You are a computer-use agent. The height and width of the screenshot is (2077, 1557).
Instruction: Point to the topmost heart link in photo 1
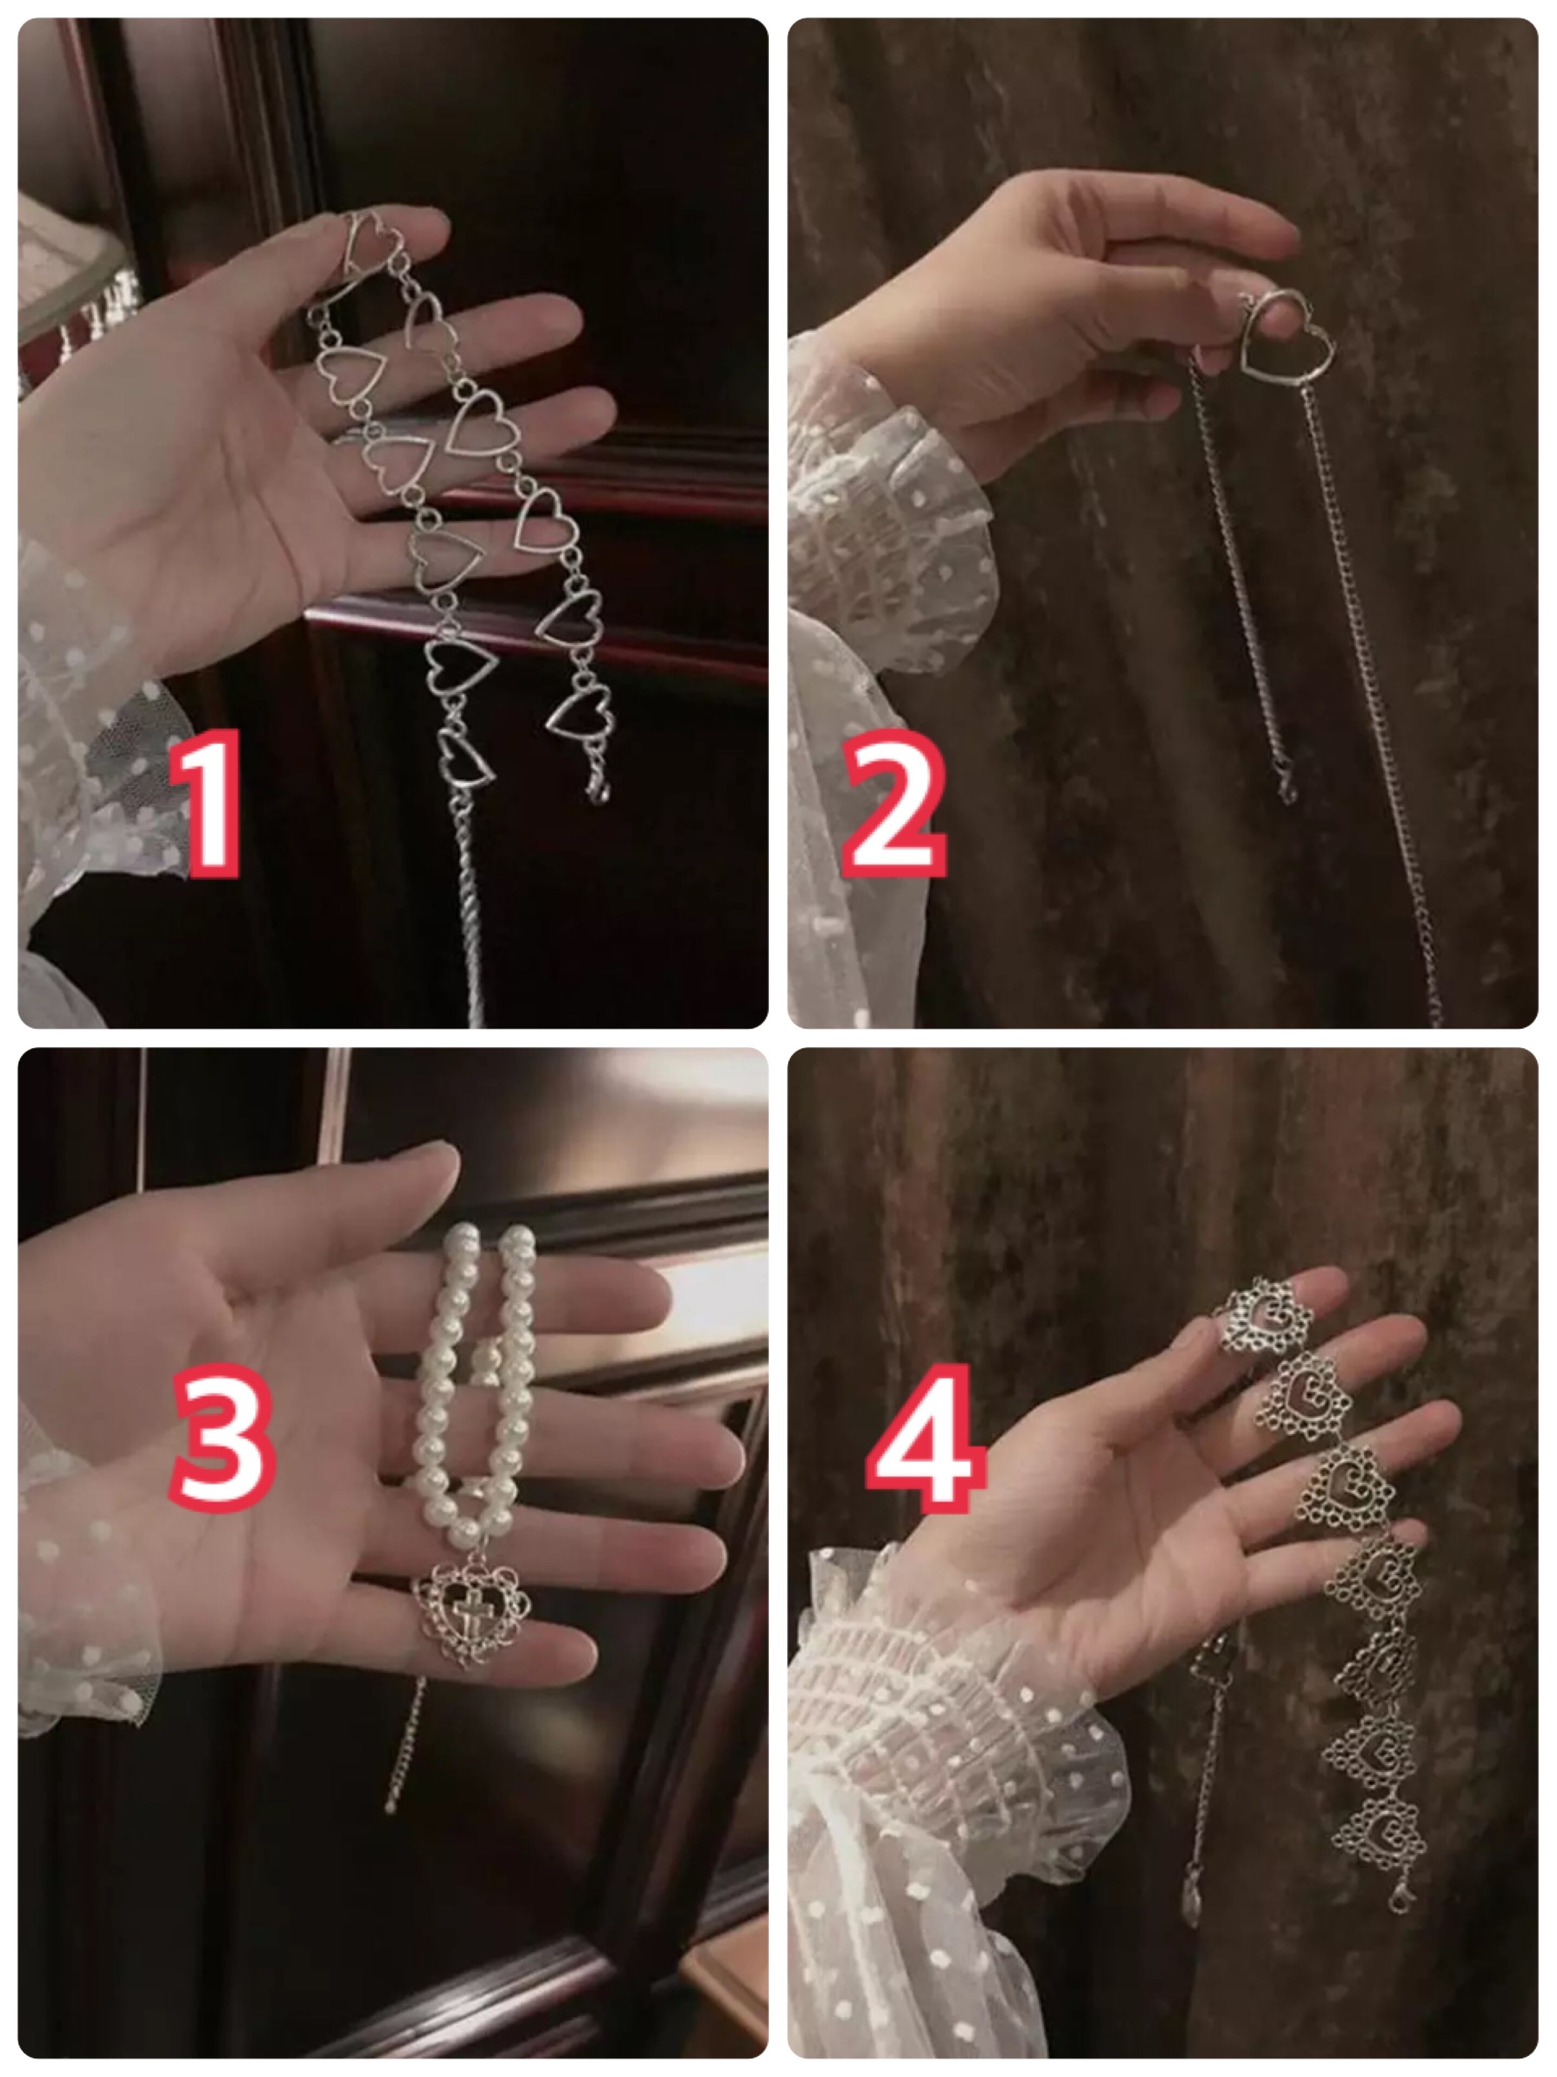point(371,246)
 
